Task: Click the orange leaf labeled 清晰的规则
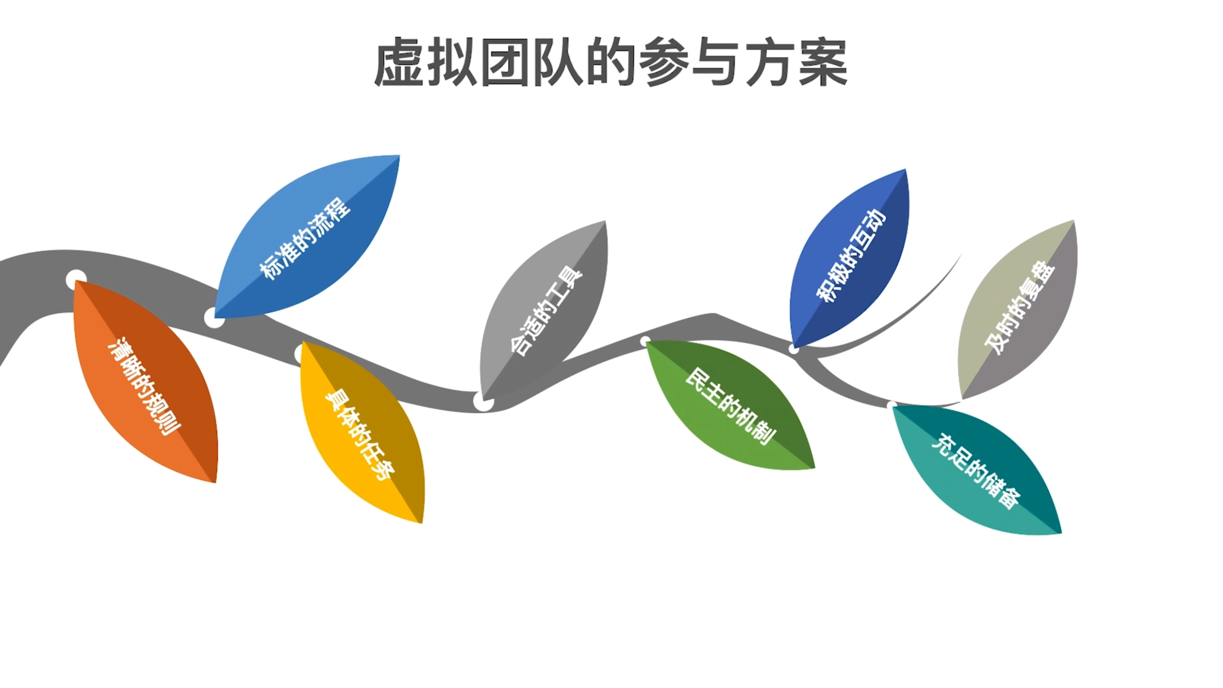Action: click(x=145, y=385)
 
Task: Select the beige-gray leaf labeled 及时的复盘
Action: click(x=1019, y=308)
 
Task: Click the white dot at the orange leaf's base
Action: click(x=76, y=279)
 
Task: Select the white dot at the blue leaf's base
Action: click(x=214, y=317)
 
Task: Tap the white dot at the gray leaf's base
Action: click(x=483, y=402)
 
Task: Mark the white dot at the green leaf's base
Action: click(x=645, y=341)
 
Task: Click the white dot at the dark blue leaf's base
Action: click(x=793, y=350)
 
